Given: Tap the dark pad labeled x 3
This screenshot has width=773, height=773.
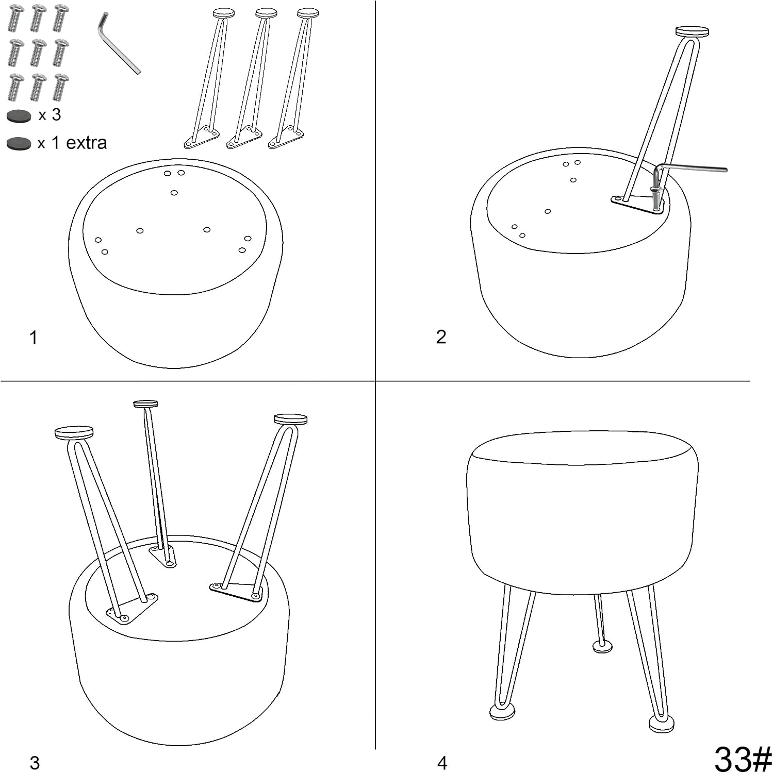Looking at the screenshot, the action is pyautogui.click(x=19, y=116).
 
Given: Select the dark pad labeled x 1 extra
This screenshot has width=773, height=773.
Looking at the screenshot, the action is pyautogui.click(x=19, y=143).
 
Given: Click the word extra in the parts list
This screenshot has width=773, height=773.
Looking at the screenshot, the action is pyautogui.click(x=86, y=143).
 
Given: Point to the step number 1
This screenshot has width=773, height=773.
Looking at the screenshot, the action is pyautogui.click(x=34, y=338).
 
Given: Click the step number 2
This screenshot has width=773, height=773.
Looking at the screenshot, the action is pyautogui.click(x=441, y=337).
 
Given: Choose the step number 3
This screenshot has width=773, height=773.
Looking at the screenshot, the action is pyautogui.click(x=35, y=763).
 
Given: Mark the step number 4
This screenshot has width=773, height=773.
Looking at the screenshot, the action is pyautogui.click(x=442, y=763).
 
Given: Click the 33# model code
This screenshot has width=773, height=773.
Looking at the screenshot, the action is pyautogui.click(x=743, y=758).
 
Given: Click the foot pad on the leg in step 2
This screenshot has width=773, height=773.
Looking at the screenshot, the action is pyautogui.click(x=693, y=31).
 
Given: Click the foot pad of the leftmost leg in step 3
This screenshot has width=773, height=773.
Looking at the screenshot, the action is pyautogui.click(x=74, y=432).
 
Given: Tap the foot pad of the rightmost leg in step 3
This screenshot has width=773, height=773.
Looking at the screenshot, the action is pyautogui.click(x=291, y=419).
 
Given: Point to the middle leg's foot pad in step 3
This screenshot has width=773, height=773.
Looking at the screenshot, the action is pyautogui.click(x=145, y=404).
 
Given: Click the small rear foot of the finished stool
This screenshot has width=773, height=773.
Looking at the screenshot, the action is pyautogui.click(x=602, y=646).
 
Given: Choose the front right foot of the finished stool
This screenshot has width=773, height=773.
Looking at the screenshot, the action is pyautogui.click(x=661, y=724).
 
